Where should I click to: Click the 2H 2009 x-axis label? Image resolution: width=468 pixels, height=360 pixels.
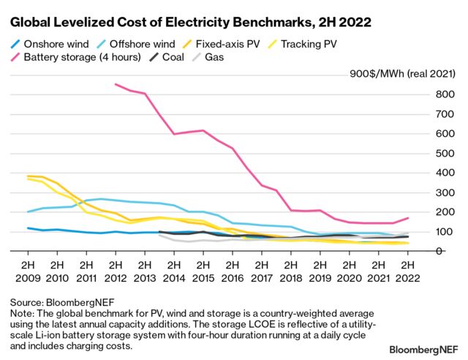coord(29,271)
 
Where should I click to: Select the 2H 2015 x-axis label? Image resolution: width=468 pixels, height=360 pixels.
coord(203,271)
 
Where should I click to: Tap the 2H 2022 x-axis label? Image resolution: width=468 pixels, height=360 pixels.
coord(407,271)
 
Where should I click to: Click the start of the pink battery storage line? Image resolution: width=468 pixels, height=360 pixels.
coord(116,84)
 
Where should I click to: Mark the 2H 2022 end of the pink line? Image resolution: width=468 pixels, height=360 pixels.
coord(407,218)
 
